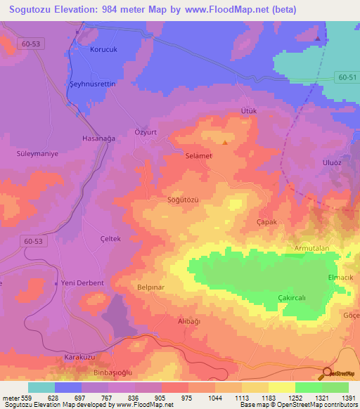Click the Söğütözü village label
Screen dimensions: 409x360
click(183, 200)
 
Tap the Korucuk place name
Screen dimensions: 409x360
click(103, 50)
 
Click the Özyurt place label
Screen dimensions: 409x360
click(145, 132)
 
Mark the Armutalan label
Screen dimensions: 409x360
click(311, 249)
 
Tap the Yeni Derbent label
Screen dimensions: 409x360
click(82, 283)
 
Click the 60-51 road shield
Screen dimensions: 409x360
click(347, 77)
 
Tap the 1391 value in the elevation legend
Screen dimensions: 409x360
click(348, 398)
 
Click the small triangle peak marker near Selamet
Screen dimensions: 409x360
click(224, 143)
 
